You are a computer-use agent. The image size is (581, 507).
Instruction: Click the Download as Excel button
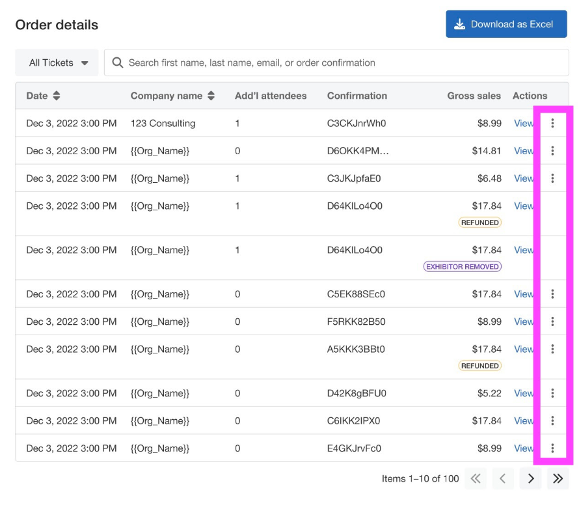[x=506, y=24]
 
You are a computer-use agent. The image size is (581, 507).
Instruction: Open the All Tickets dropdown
[x=57, y=62]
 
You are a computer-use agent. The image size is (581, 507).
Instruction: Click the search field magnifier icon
[x=118, y=62]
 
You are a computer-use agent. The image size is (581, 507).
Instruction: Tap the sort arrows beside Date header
[x=57, y=96]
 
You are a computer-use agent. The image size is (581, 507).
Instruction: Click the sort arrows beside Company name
[x=211, y=96]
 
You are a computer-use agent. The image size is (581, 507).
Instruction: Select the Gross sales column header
[x=474, y=96]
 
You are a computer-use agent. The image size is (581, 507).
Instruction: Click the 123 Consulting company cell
[x=163, y=123]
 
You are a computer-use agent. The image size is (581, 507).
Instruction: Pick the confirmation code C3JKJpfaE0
[x=354, y=178]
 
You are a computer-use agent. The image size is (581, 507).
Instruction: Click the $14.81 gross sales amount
[x=487, y=151]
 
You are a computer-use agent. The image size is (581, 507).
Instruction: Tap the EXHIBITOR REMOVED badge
[x=463, y=266]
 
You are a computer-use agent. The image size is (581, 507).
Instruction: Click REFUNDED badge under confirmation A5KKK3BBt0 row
[x=480, y=366]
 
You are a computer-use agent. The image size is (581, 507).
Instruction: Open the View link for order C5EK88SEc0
[x=524, y=294]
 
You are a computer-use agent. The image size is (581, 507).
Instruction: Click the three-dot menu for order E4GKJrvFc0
[x=552, y=448]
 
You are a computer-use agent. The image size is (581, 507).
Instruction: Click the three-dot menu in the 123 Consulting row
[x=552, y=123]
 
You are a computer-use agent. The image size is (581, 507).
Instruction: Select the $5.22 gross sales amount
[x=489, y=393]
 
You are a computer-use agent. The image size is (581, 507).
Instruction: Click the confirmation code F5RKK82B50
[x=356, y=322]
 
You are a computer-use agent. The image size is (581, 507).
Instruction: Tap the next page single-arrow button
[x=531, y=478]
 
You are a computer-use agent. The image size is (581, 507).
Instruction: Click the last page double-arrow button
[x=558, y=478]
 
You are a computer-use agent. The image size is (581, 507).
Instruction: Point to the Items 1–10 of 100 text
[x=420, y=478]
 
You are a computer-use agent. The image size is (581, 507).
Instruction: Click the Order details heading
[x=57, y=25]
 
